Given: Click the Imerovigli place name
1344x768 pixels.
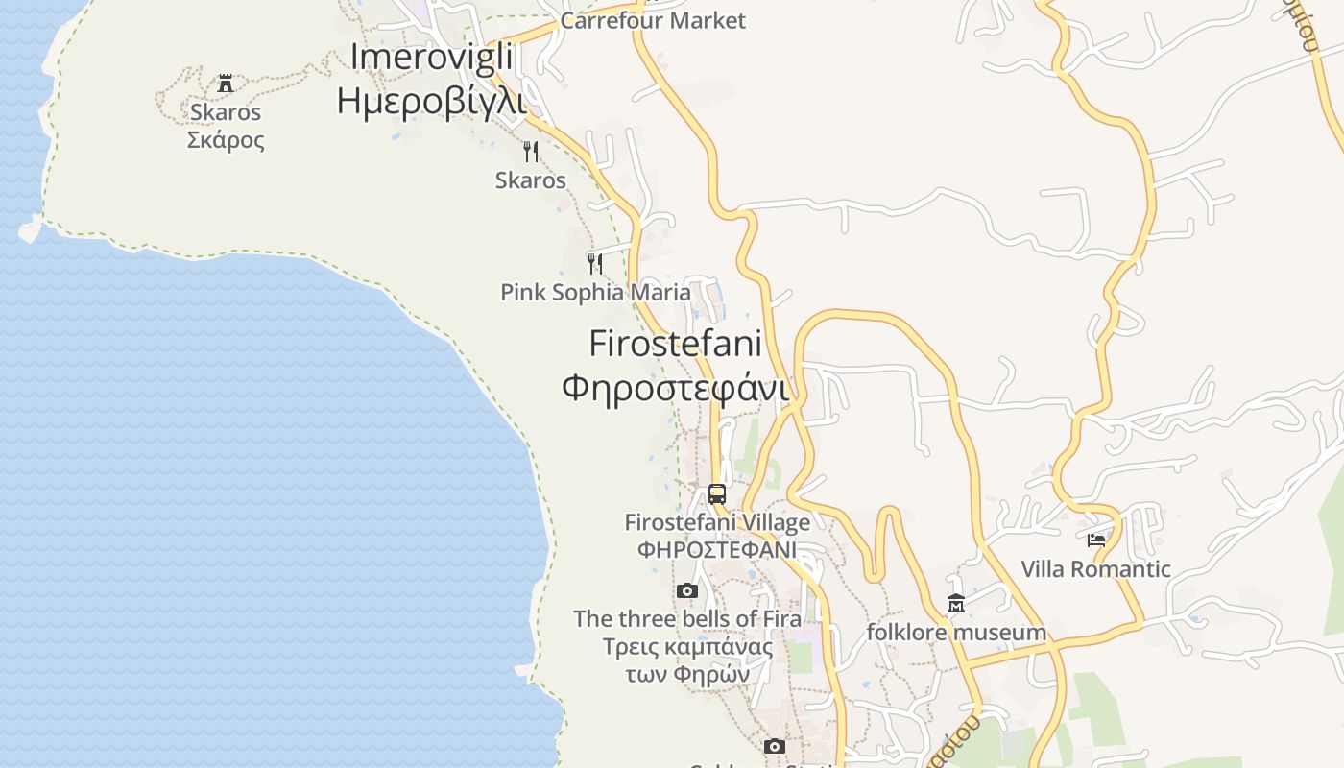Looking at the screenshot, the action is [x=431, y=57].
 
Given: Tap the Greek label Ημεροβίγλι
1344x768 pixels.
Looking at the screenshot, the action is [x=431, y=100].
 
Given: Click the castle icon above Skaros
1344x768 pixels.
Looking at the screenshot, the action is [x=226, y=84].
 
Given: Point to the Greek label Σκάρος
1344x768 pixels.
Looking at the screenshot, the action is [x=226, y=140].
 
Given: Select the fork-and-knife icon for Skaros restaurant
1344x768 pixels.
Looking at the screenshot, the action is [x=530, y=151].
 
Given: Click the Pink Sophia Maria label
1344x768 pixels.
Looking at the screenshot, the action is [x=595, y=292].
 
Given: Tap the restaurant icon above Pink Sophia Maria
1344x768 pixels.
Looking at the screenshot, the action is [x=595, y=262].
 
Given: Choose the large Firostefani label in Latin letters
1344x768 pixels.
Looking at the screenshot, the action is [x=675, y=343].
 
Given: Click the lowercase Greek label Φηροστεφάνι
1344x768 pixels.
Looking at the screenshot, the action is [x=675, y=388].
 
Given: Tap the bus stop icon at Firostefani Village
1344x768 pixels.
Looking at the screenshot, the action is [x=717, y=494].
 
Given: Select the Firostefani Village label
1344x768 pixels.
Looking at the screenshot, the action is [x=717, y=522].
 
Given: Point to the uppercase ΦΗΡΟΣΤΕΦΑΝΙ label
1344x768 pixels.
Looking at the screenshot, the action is [x=717, y=550].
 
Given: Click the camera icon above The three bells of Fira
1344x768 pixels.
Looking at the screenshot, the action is [x=686, y=590].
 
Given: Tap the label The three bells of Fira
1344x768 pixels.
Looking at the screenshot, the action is [x=687, y=618].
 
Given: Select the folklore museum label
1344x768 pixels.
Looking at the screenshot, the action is [x=956, y=632].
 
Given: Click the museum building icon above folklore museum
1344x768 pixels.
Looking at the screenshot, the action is [x=956, y=604].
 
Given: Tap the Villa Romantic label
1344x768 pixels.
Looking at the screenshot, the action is [x=1095, y=569].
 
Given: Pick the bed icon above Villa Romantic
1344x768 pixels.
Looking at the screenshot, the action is [x=1096, y=540].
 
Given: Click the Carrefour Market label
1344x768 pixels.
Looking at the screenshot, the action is [x=653, y=20].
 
